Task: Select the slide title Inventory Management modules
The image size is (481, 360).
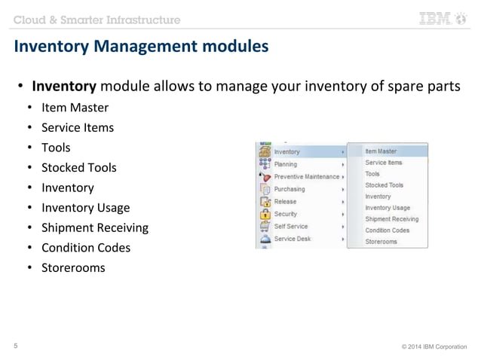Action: tap(141, 47)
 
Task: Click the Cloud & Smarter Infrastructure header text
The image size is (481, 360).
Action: tap(97, 19)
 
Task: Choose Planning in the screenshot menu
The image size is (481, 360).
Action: tap(286, 164)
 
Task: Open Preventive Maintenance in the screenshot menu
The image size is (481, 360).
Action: tap(306, 176)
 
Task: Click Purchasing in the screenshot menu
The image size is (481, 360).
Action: tap(290, 189)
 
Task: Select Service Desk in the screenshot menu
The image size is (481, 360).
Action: tap(293, 239)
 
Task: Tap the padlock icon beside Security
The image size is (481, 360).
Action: tap(265, 214)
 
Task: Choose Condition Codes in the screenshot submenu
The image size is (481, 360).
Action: tap(387, 230)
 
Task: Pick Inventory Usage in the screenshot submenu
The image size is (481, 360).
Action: tap(388, 207)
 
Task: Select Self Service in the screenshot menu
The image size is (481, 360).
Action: tap(291, 226)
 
